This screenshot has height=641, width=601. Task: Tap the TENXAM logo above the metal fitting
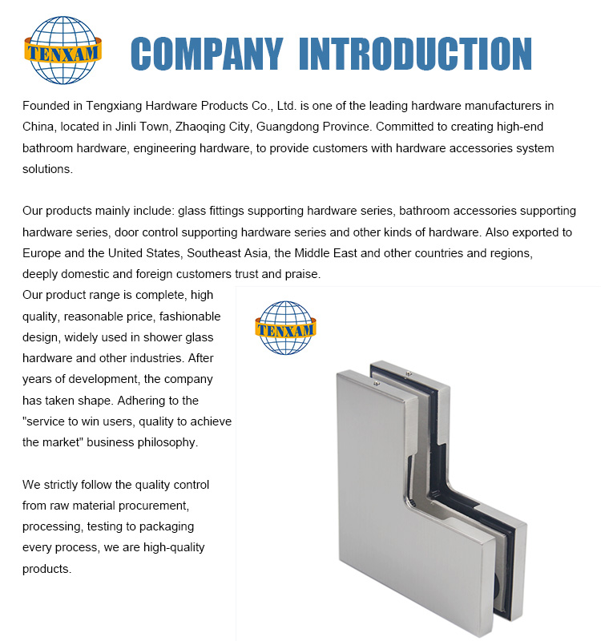click(286, 327)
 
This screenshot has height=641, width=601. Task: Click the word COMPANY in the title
click(206, 54)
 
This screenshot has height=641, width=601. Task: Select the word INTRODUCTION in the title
click(414, 54)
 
